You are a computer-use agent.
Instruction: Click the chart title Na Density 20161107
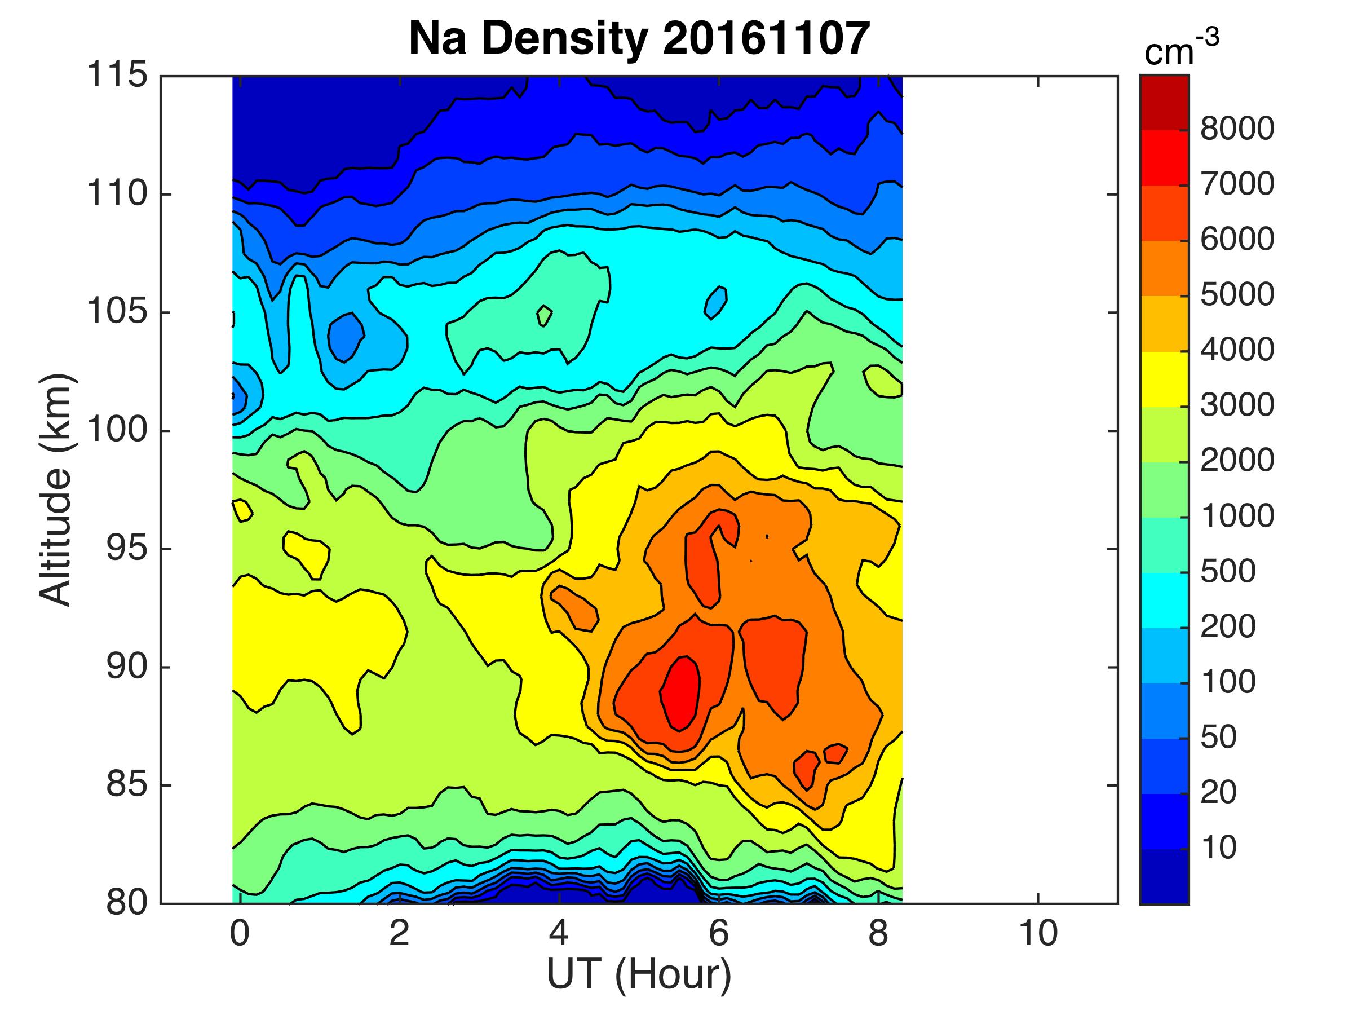pos(639,38)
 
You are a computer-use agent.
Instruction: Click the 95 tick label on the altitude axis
pos(127,549)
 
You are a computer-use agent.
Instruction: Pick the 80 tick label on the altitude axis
pos(127,903)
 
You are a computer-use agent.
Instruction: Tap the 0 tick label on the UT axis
pos(240,934)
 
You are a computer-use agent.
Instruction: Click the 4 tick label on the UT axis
pos(559,934)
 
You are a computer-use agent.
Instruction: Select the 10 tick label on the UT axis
pos(1038,934)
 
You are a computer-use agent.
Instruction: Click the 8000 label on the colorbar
pos(1237,129)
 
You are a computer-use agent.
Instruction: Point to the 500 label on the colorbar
pos(1228,571)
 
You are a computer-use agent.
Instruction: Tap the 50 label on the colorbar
pos(1219,737)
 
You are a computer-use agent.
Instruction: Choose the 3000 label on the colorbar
pos(1237,405)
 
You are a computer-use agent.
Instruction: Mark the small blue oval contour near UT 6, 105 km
pos(715,302)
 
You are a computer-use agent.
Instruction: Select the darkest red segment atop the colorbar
pos(1164,102)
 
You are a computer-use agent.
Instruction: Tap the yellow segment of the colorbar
pos(1164,379)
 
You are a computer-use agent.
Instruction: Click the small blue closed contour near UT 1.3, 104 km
pos(346,336)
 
